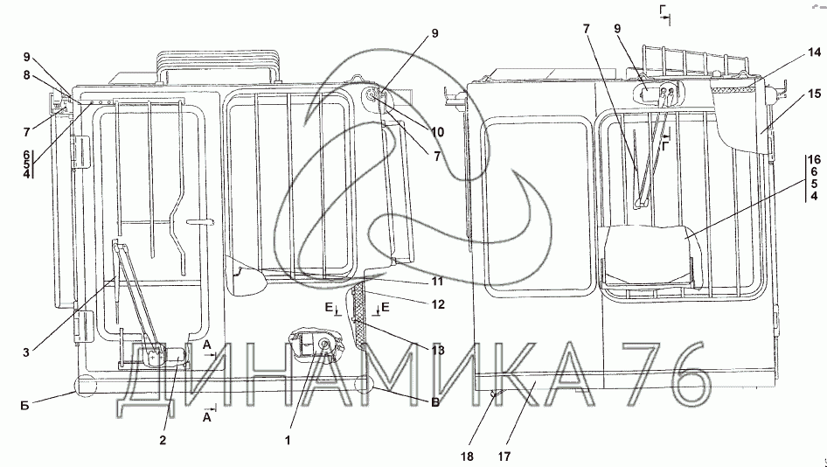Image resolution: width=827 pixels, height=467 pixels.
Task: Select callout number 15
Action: (814, 93)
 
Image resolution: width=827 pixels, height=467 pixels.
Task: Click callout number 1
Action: (289, 441)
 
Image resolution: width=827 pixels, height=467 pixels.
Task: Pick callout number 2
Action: (162, 441)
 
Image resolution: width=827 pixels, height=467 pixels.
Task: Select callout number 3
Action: (27, 352)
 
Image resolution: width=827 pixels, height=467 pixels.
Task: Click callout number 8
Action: (27, 75)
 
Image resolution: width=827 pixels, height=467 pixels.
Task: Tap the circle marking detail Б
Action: (87, 384)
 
